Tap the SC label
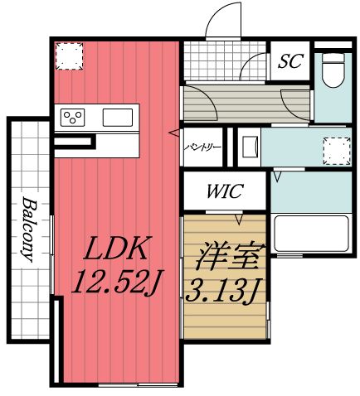[290, 61]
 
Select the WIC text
[224, 192]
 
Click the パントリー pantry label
[203, 147]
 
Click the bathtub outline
[309, 235]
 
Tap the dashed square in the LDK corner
[68, 56]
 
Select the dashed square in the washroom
[336, 150]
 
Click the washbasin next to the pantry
[248, 148]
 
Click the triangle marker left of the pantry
[174, 133]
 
